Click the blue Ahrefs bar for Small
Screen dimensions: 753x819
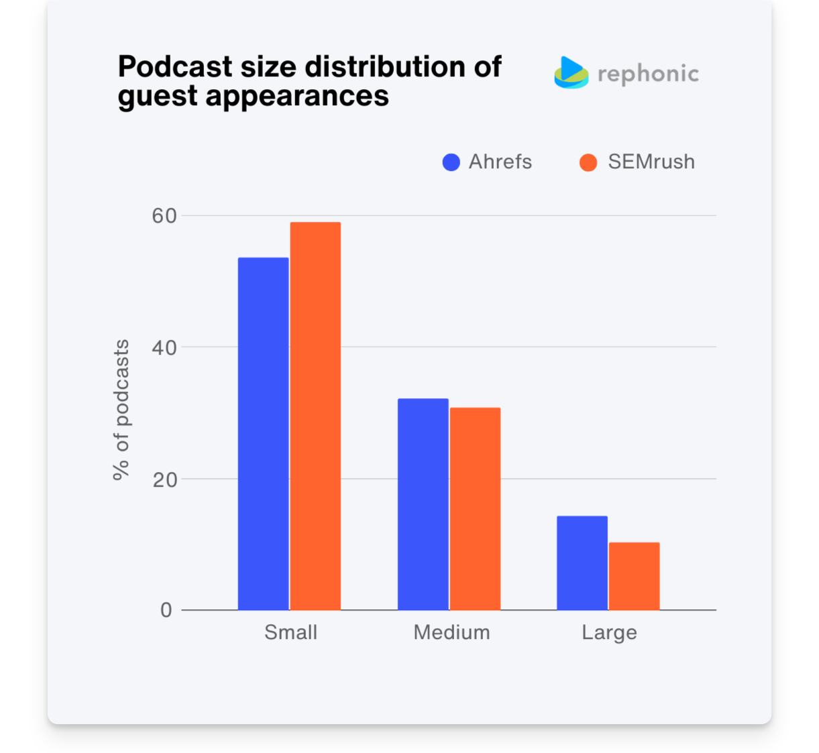click(263, 434)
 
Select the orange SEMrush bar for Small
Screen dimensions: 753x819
click(315, 416)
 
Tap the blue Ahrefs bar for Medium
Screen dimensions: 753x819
click(423, 504)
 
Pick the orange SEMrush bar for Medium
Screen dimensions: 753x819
click(475, 509)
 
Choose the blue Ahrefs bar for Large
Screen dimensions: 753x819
click(582, 563)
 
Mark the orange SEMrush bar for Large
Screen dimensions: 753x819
click(634, 576)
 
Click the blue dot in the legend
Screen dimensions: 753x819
click(451, 162)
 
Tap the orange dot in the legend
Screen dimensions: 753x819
click(588, 162)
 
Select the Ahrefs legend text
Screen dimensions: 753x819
click(500, 162)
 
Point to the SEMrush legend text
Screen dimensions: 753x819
click(651, 162)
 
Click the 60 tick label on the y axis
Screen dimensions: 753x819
click(164, 216)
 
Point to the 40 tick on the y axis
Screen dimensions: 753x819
click(164, 347)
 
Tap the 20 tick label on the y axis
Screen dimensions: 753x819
click(164, 479)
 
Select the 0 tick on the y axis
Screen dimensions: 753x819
click(166, 610)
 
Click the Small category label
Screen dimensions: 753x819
click(290, 632)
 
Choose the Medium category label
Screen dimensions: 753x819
click(451, 632)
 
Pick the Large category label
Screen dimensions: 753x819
click(609, 633)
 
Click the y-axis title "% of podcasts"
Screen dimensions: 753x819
click(121, 410)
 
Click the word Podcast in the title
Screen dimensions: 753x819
click(175, 67)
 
